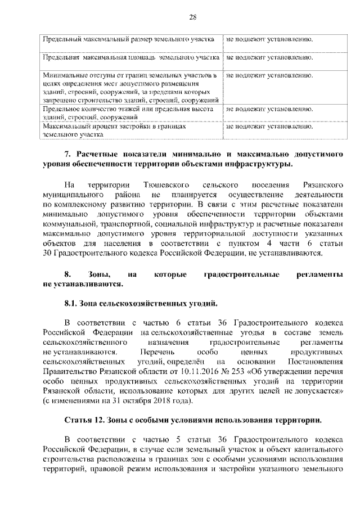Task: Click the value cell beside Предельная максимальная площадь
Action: coord(269,57)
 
